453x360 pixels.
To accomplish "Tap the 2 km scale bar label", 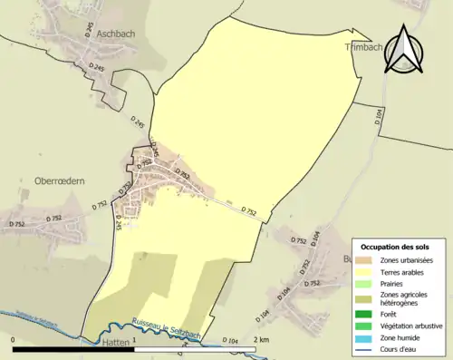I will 261,339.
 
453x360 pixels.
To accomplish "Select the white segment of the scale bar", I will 195,348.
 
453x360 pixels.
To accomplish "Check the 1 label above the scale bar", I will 135,339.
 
